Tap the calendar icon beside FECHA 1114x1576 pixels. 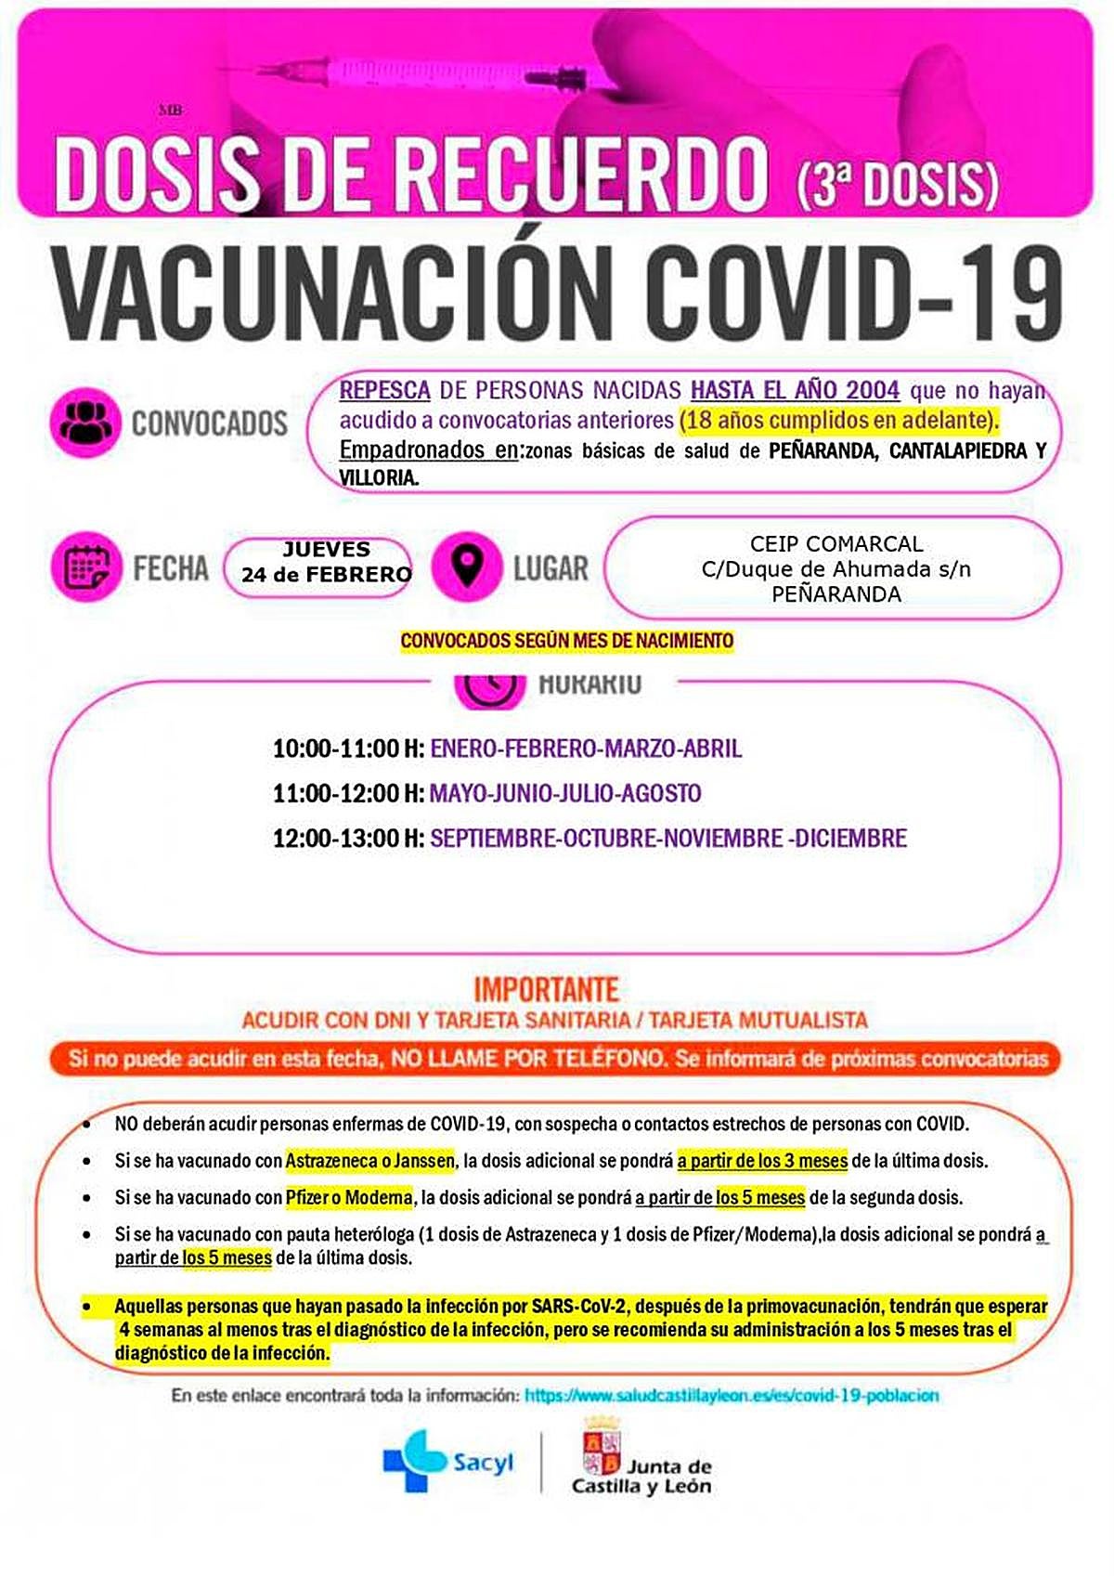(x=86, y=566)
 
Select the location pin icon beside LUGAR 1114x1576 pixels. (x=467, y=566)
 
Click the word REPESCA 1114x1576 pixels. (x=384, y=390)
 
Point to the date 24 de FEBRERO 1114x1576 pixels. (x=326, y=575)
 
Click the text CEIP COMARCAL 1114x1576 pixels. (x=836, y=543)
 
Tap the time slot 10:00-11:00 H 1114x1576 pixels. (x=348, y=749)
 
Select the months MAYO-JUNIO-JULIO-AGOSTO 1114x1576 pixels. (x=564, y=794)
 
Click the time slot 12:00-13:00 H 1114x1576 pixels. (x=348, y=839)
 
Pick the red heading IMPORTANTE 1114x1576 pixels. (x=547, y=988)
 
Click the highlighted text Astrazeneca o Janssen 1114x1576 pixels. (x=369, y=1161)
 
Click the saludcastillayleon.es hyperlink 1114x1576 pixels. (x=732, y=1396)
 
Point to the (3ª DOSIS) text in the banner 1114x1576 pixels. (x=898, y=184)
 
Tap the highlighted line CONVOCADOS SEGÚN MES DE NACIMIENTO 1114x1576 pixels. (x=566, y=641)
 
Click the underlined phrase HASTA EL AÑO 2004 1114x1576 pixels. (x=795, y=390)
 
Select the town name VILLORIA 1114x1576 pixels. (x=378, y=478)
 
